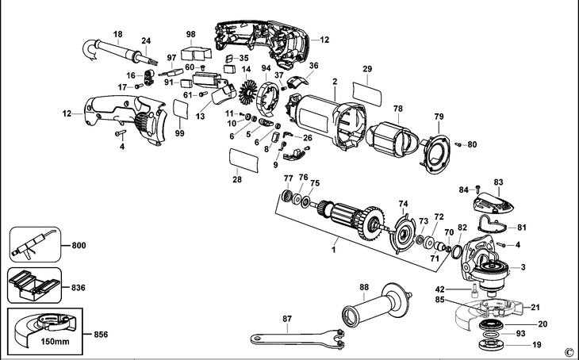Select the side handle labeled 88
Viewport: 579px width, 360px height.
[x=377, y=309]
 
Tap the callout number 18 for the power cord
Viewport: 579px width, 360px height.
[x=117, y=33]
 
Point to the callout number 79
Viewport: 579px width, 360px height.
[x=438, y=117]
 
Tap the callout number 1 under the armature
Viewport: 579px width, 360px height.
[x=334, y=250]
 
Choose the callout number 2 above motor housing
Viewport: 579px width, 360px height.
[x=335, y=82]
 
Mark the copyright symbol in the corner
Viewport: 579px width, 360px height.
[x=568, y=352]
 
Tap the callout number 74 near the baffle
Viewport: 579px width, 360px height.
[x=403, y=203]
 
